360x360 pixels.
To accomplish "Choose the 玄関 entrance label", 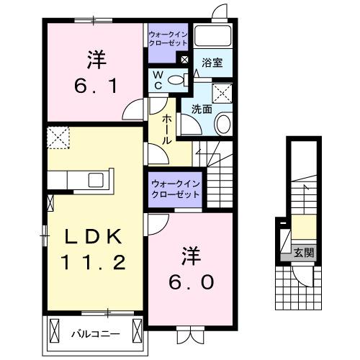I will (303, 253).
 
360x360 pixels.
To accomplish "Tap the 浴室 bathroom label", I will (212, 63).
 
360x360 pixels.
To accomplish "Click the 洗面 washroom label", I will (201, 109).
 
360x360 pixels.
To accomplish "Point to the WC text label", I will (158, 80).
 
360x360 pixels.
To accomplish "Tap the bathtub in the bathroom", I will (212, 37).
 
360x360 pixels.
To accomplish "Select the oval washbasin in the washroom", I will (222, 124).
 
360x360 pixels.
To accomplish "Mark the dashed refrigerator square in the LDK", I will (57, 136).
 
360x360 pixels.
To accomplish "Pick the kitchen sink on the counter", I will (96, 179).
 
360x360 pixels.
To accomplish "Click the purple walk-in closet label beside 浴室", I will (167, 37).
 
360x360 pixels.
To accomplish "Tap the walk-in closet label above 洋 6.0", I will (176, 189).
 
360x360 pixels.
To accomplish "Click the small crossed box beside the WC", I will (185, 60).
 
